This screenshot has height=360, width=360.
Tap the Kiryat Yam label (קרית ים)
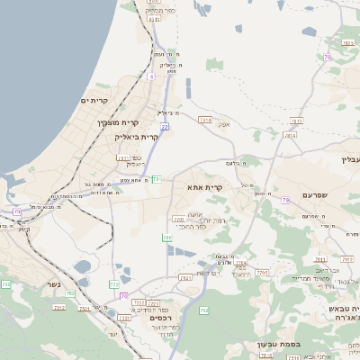[x=94, y=100]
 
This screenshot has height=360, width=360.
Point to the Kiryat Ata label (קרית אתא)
[x=204, y=187]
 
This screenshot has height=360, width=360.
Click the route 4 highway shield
[x=151, y=77]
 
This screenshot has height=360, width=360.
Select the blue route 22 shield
[x=165, y=127]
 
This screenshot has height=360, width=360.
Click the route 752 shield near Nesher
[x=70, y=293]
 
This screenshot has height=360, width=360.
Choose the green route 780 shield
[x=166, y=238]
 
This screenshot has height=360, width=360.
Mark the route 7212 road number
[x=58, y=308]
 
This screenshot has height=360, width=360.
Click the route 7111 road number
[x=122, y=157]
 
